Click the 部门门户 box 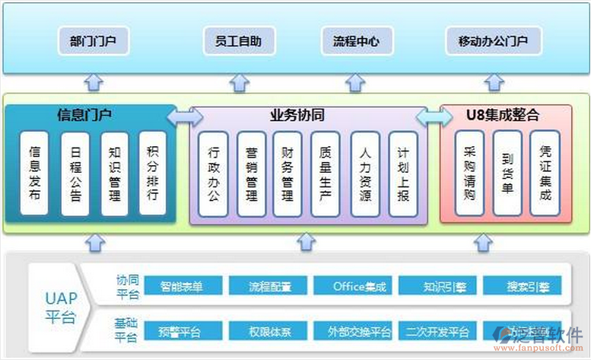(94, 41)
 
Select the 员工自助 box (238, 41)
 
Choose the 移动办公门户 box (493, 41)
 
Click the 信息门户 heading (84, 116)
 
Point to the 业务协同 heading (297, 116)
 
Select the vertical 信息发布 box (34, 174)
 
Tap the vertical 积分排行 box (152, 174)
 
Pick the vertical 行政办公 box (213, 174)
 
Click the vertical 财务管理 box (288, 174)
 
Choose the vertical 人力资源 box (365, 174)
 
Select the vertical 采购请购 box (469, 174)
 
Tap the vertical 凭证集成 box (545, 174)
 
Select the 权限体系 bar (269, 332)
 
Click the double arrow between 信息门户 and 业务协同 (185, 116)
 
